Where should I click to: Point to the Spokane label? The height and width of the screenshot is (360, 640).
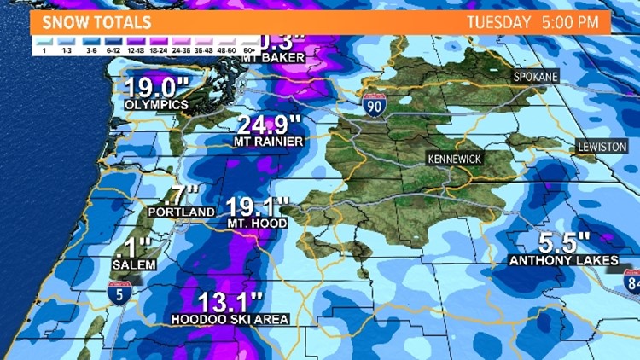pos(535,77)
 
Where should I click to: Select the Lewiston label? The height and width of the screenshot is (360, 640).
pos(602,147)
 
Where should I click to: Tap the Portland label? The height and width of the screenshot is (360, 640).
pos(180,212)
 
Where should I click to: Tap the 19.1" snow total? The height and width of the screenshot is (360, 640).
pos(258,206)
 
